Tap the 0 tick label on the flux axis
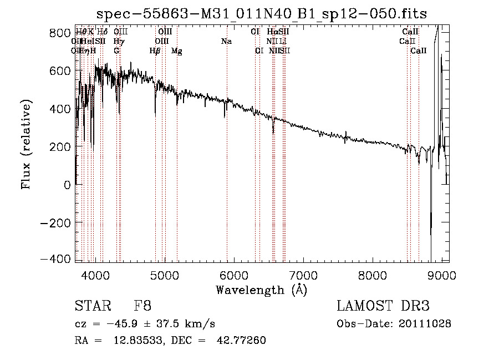click(x=67, y=184)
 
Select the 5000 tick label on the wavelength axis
click(x=164, y=275)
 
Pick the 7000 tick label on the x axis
click(x=303, y=275)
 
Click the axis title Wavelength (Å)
click(x=261, y=290)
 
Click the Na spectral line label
click(x=226, y=42)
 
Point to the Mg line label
click(x=177, y=51)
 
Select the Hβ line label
click(x=155, y=51)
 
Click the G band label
click(x=116, y=51)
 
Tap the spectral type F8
click(x=142, y=307)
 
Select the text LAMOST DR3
click(x=383, y=307)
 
